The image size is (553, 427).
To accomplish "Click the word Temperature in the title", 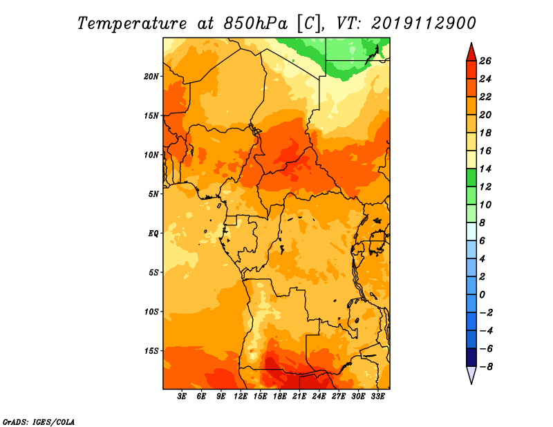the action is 132,23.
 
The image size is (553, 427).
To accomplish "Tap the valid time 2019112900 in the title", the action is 424,23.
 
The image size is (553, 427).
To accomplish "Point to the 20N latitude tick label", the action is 151,77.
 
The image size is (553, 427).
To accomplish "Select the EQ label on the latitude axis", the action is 153,234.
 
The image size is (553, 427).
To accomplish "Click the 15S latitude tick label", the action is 151,351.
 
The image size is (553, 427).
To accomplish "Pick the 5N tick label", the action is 153,194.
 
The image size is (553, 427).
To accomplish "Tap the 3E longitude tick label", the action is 182,396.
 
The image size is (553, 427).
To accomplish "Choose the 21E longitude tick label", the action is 299,396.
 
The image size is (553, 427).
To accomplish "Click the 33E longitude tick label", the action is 377,396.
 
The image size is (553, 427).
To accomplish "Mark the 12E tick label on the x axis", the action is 241,396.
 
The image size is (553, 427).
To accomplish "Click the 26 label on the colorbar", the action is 485,61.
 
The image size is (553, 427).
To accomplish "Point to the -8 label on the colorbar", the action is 485,367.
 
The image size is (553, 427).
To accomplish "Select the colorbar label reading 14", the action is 485,169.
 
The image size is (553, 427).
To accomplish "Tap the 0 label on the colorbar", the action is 482,294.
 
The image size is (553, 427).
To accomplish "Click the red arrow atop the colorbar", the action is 471,53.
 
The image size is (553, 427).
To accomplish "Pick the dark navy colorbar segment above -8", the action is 471,357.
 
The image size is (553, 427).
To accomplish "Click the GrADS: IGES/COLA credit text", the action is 39,421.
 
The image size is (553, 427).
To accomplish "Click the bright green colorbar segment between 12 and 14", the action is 471,178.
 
